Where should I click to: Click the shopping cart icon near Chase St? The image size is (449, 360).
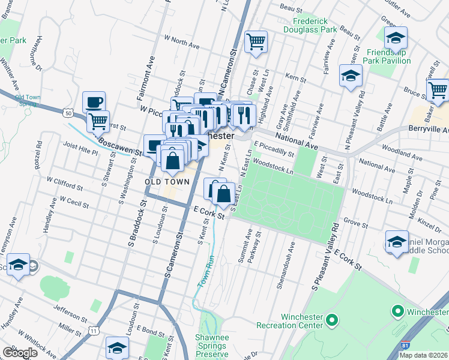click(256, 42)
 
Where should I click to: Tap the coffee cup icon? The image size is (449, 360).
click(94, 102)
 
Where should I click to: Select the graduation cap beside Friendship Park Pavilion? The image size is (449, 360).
click(396, 38)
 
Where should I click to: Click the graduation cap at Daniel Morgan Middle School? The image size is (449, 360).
click(396, 242)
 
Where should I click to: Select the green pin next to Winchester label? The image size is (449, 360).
click(396, 311)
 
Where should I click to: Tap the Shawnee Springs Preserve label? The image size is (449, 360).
click(211, 346)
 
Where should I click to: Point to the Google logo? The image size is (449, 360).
click(19, 353)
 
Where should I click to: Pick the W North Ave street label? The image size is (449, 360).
click(181, 44)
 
